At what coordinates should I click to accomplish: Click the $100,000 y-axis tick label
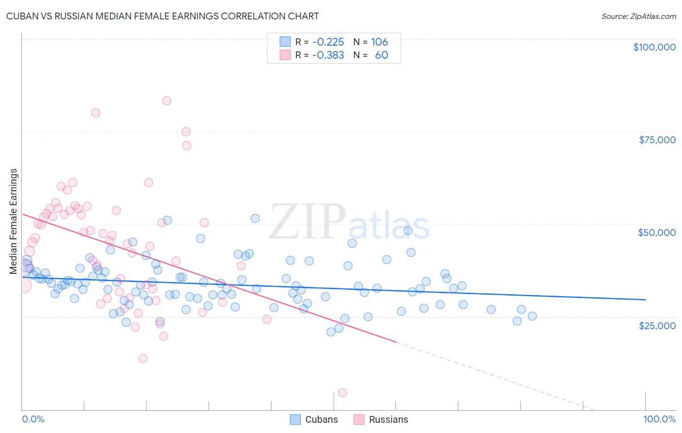654,47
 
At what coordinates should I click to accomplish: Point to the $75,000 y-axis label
657,140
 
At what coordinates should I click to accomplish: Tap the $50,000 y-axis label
657,233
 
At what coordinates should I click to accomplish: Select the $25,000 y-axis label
657,325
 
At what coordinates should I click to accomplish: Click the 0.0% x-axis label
33,419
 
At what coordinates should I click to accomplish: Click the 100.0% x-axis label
659,419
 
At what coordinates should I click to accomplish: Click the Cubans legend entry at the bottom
314,419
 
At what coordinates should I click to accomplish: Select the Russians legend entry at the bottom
381,419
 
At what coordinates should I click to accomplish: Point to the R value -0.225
328,42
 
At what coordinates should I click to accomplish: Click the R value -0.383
328,55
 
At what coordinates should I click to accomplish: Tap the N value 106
379,42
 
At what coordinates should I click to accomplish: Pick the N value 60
381,55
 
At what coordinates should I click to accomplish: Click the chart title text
162,16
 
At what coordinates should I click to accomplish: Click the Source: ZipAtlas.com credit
638,17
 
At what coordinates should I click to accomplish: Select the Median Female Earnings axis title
14,221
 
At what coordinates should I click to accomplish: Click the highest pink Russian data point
166,101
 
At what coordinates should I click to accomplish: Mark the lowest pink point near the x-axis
342,393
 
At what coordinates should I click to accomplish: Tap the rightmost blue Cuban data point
532,316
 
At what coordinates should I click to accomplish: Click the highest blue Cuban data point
255,218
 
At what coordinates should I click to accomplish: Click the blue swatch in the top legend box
285,42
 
